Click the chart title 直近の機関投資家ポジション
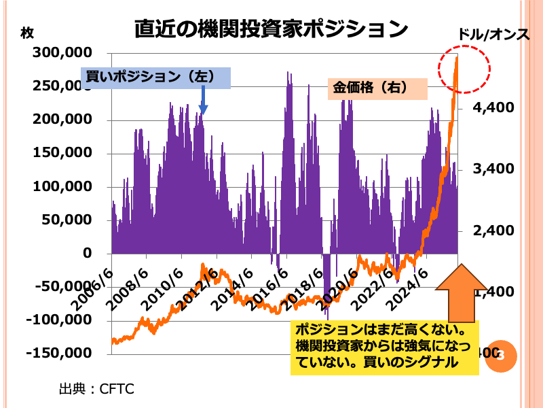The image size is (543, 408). click(x=271, y=29)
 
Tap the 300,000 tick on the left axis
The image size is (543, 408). click(x=58, y=53)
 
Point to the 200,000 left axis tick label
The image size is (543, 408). click(x=58, y=120)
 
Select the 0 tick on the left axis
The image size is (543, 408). click(x=88, y=254)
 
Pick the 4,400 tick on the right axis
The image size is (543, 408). click(x=483, y=107)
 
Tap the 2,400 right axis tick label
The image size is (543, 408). click(x=483, y=231)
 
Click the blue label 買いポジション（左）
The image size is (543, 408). click(x=155, y=77)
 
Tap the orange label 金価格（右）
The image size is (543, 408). click(x=377, y=88)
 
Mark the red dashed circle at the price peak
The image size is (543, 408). click(x=464, y=69)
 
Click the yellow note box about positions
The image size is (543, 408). click(x=384, y=347)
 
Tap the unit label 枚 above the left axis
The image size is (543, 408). click(x=27, y=32)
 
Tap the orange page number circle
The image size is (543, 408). click(x=501, y=355)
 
